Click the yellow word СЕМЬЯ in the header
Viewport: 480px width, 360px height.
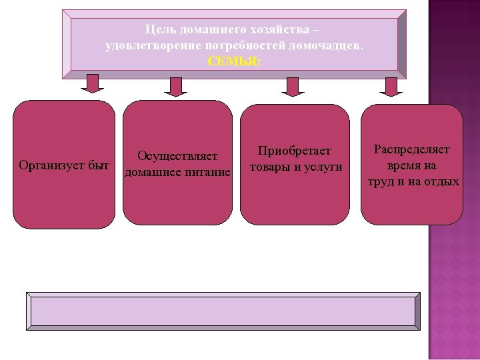(235, 60)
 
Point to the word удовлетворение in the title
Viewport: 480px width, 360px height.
(143, 45)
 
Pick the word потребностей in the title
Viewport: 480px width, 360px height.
(247, 45)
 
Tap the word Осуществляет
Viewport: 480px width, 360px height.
(177, 157)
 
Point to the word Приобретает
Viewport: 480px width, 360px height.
(295, 151)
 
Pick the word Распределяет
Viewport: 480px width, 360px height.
(411, 149)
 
